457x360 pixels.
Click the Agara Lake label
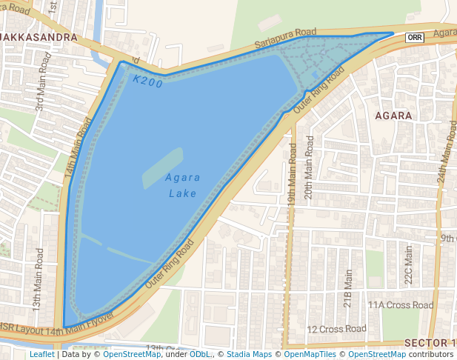(x=181, y=185)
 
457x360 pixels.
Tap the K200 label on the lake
(x=148, y=81)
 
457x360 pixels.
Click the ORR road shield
(x=415, y=37)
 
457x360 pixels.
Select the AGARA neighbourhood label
(x=393, y=116)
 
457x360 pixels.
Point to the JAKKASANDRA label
(x=39, y=37)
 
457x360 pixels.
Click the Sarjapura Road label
(x=285, y=39)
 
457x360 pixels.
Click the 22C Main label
(x=407, y=266)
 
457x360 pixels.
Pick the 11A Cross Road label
(x=401, y=305)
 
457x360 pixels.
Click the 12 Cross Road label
(x=336, y=329)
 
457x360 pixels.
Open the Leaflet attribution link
(x=41, y=355)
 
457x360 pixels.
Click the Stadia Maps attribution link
(x=249, y=355)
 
